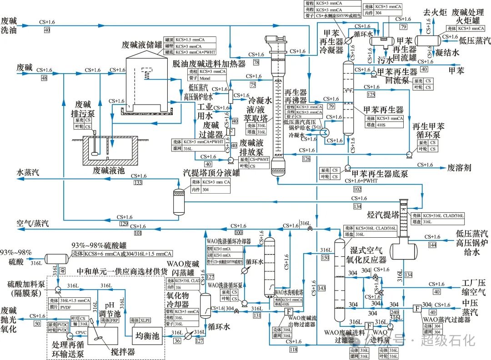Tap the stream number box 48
tap(44, 78)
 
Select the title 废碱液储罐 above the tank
tap(142, 45)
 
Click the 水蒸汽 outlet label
tap(29, 173)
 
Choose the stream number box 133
tap(138, 182)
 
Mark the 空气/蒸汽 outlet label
tap(32, 223)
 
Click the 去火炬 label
tap(433, 13)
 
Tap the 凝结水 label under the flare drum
tap(448, 53)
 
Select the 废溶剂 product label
tap(459, 168)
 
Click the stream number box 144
tap(432, 244)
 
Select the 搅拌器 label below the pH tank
tap(123, 351)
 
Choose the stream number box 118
tap(294, 349)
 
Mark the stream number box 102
tap(357, 189)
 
